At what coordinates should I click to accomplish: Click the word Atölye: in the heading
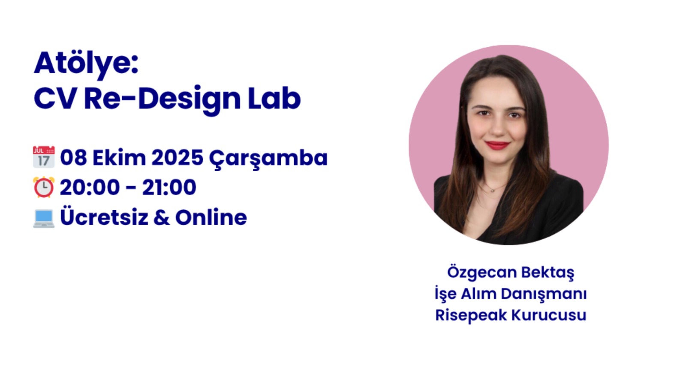pos(86,63)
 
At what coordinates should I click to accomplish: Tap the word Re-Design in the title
pos(162,99)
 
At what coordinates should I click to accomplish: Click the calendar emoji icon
pos(44,157)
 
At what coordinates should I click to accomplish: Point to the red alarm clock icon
pos(44,187)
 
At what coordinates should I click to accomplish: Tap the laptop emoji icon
pos(44,218)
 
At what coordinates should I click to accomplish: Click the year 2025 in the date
pos(177,157)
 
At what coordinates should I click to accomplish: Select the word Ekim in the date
pos(119,157)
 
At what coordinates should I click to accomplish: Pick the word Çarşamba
pos(268,158)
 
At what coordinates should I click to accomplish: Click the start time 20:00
pos(90,187)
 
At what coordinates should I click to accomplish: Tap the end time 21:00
pos(169,187)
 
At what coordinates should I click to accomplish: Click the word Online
pos(211,217)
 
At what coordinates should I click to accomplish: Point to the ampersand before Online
pos(161,217)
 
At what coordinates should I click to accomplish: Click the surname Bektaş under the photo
pos(548,272)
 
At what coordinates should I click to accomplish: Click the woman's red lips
pos(497,145)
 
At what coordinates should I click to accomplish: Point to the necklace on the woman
pos(494,189)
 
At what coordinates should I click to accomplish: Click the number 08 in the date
pos(73,157)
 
